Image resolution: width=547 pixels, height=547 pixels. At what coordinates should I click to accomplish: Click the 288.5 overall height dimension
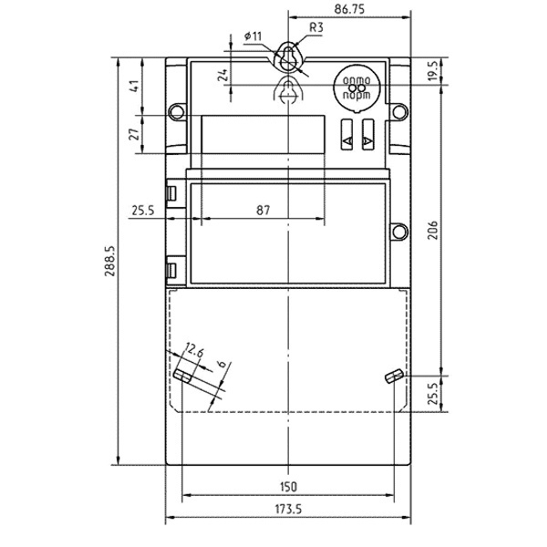tap(110, 261)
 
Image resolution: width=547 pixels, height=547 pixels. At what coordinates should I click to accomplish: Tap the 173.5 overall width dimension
tap(288, 510)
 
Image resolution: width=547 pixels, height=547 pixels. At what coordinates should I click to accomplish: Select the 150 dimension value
tap(288, 486)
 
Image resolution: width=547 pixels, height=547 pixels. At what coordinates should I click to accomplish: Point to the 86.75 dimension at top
tap(349, 9)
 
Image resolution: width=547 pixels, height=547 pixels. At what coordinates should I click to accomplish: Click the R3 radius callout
tap(316, 27)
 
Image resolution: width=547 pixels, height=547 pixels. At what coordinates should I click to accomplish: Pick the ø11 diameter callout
tap(253, 36)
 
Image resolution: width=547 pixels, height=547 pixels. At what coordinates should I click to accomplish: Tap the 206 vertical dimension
tap(433, 230)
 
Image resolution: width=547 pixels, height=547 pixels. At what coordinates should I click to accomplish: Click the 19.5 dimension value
tap(433, 71)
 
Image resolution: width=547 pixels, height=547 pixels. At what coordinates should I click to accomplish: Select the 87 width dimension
tap(263, 210)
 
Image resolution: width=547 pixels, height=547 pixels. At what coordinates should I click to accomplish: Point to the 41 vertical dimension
tap(135, 87)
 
